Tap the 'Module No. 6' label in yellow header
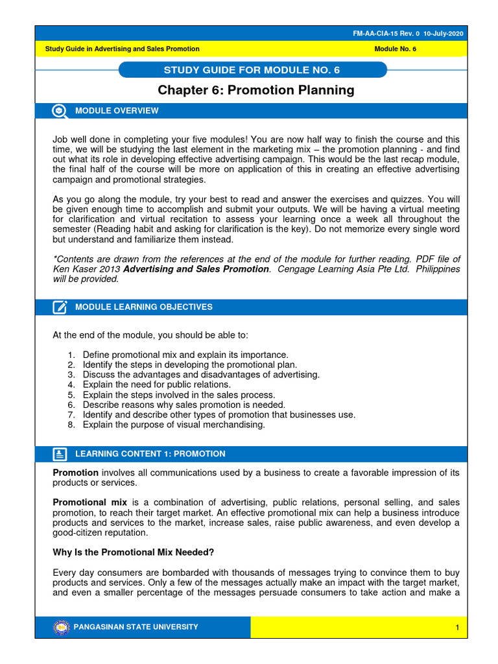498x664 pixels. click(x=396, y=49)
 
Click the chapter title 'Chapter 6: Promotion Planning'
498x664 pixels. click(x=257, y=90)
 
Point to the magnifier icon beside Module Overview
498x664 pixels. click(x=60, y=111)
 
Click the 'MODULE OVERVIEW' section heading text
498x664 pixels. click(x=117, y=111)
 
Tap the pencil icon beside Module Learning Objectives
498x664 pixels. click(x=60, y=307)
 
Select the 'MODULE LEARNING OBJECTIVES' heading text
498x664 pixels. click(x=144, y=307)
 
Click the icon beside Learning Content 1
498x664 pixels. click(x=60, y=454)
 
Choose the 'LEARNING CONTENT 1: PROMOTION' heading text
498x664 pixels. click(x=150, y=454)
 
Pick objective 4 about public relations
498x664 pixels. click(x=156, y=385)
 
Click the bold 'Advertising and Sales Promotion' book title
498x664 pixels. click(x=196, y=269)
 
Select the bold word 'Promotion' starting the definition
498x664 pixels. click(x=75, y=473)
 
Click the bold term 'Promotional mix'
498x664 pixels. click(x=89, y=503)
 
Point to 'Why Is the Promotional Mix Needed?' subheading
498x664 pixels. click(x=133, y=552)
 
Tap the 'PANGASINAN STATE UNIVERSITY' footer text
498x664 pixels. click(x=137, y=627)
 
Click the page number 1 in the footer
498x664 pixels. click(x=457, y=628)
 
